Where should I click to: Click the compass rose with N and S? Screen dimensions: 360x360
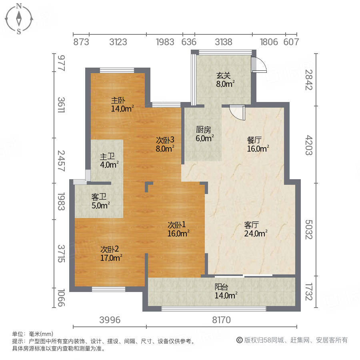(19, 19)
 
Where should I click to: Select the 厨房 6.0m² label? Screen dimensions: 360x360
(204, 134)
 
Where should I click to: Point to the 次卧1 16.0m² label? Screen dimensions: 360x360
(178, 229)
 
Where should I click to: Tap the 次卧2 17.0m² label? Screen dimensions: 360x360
(111, 253)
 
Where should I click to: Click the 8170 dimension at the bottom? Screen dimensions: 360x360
(221, 320)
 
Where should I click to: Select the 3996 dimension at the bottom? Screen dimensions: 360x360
(110, 320)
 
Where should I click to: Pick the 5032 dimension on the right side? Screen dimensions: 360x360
(308, 229)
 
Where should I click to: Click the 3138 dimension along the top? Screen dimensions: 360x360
(223, 42)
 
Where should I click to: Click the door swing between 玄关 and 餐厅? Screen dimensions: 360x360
(237, 112)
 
